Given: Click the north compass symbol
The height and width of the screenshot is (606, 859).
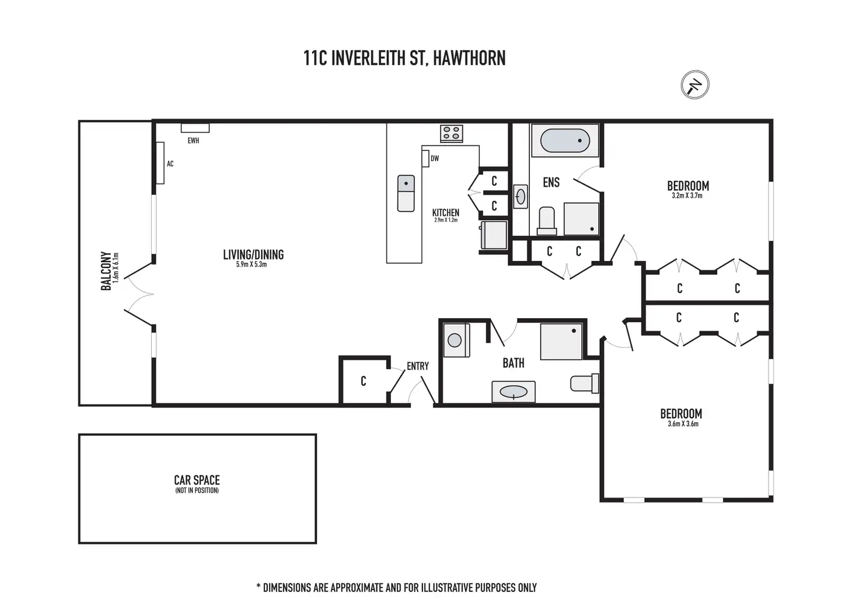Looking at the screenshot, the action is [x=694, y=85].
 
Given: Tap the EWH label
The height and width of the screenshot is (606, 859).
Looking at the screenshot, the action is [x=193, y=141].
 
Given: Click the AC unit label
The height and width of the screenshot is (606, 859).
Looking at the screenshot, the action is [x=170, y=164].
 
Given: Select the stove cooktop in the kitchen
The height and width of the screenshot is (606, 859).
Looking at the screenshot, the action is [x=451, y=134].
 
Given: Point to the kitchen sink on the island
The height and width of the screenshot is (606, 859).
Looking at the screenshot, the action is [x=406, y=193].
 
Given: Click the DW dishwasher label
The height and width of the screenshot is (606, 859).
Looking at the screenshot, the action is [x=434, y=159].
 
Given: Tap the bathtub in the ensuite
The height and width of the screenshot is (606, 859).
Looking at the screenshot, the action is [x=565, y=141].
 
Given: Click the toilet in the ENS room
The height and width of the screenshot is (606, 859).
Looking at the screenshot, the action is [x=547, y=221].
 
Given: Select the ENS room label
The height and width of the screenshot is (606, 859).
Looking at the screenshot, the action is [x=551, y=183].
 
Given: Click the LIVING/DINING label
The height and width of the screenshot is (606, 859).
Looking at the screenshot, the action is [x=253, y=255].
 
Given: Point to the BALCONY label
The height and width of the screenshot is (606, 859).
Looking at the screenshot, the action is [x=106, y=271].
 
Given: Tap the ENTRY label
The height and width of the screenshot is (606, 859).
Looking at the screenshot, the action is [x=417, y=366].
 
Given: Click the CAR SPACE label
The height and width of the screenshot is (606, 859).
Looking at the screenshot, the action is [x=197, y=480].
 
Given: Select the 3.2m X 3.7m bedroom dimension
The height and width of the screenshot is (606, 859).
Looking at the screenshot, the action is [x=687, y=196].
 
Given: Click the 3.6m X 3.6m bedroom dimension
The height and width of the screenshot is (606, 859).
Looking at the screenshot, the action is [x=683, y=424].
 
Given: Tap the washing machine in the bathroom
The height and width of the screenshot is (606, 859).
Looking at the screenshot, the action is [x=456, y=340].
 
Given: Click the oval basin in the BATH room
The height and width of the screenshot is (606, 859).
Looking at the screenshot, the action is [x=514, y=392].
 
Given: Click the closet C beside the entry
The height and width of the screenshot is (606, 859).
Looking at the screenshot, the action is [x=363, y=381].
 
